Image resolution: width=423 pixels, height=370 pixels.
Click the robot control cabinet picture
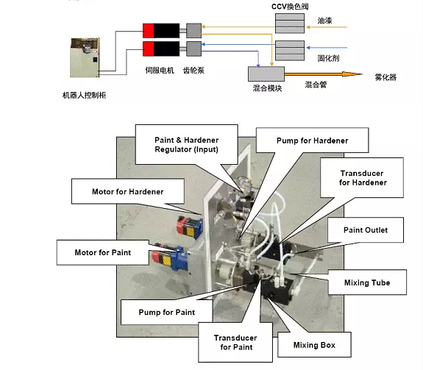click(85, 57)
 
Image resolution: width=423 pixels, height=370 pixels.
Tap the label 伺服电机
click(160, 71)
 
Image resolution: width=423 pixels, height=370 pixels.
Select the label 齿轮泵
click(193, 71)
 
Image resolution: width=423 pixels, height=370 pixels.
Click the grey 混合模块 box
click(266, 74)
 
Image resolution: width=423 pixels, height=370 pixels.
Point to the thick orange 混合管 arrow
click(323, 74)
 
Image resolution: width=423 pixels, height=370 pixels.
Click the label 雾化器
click(385, 77)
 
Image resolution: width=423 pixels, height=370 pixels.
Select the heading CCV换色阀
click(290, 7)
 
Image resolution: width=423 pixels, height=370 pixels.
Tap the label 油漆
click(324, 21)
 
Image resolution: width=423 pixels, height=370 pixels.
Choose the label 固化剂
click(328, 58)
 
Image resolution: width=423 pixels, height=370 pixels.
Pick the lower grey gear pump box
click(194, 49)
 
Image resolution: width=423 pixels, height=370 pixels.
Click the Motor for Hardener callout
click(128, 191)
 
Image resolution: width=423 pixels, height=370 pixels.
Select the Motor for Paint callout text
click(103, 252)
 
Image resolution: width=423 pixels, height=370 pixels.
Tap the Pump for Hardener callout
click(312, 140)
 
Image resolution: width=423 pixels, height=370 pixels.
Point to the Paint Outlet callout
click(366, 230)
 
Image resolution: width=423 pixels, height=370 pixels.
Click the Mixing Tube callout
click(367, 282)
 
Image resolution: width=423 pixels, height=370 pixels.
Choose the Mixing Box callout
click(314, 345)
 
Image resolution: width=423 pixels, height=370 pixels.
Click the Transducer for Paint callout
click(235, 342)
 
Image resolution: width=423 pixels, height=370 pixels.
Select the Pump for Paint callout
click(167, 312)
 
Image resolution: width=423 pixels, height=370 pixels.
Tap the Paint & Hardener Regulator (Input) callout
click(186, 145)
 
